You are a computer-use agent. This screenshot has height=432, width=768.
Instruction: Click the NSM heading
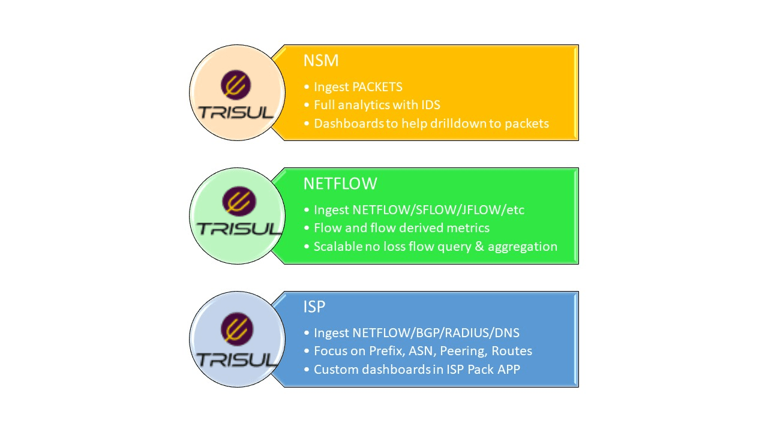pos(321,61)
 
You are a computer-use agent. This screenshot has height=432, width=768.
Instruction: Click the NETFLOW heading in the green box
pos(340,184)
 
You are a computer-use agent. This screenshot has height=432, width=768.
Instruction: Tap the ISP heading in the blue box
pos(314,307)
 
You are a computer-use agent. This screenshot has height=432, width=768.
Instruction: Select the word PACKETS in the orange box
pos(377,87)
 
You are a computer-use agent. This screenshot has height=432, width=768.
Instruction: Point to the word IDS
pos(431,105)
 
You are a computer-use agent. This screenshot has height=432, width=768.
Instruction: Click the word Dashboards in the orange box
pos(349,124)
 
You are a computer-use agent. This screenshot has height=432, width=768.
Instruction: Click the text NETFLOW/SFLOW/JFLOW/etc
pos(438,210)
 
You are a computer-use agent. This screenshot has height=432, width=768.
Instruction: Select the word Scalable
pos(338,247)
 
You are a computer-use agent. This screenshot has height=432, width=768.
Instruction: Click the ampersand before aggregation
pos(479,247)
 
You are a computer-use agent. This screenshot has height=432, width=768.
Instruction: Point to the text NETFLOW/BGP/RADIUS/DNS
pos(436,333)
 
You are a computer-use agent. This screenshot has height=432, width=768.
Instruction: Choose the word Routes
pos(512,351)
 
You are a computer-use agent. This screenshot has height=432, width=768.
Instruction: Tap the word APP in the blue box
pos(509,370)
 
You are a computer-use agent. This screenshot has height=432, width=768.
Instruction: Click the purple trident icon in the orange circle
pos(236,85)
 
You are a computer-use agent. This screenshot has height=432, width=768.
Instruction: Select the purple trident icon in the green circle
pos(239,202)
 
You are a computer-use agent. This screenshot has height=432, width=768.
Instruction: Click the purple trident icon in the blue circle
pos(237,329)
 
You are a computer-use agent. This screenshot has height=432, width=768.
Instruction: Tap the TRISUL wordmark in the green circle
pos(239,229)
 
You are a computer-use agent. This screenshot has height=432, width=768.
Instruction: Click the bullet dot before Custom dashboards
pos(307,370)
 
